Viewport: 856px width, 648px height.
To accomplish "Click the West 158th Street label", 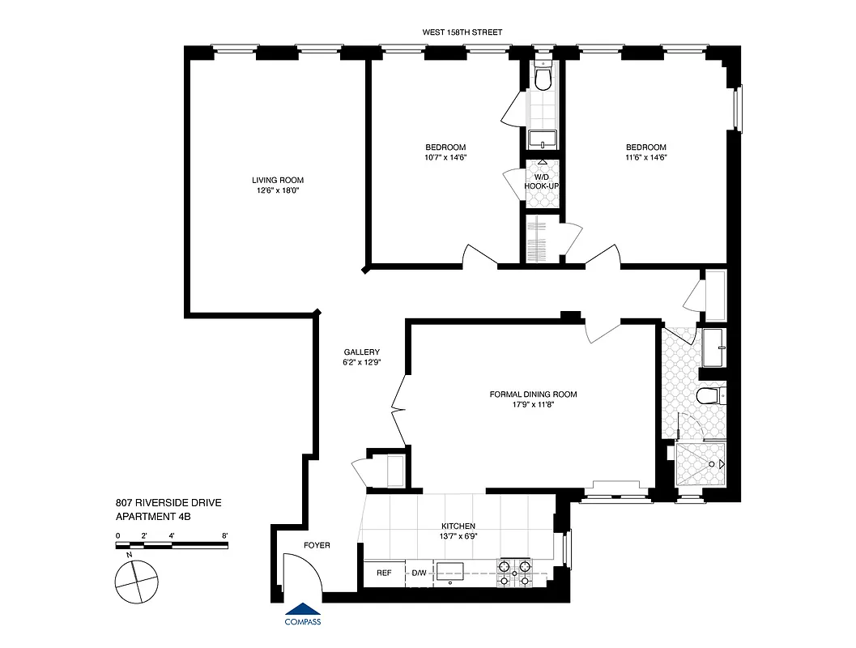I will click(x=462, y=32).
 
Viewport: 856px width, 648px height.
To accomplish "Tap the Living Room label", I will click(x=278, y=180).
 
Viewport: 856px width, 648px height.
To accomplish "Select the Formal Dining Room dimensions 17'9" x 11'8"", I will click(x=533, y=405).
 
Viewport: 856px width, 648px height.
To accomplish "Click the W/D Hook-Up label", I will click(x=541, y=181).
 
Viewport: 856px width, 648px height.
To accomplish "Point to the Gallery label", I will click(x=361, y=352).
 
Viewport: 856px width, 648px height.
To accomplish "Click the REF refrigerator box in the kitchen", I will click(x=384, y=573).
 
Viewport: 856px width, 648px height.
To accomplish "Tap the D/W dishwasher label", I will click(x=419, y=573).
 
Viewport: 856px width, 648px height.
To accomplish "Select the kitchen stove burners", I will click(x=514, y=573).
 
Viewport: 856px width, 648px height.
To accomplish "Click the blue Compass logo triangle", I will click(x=303, y=609).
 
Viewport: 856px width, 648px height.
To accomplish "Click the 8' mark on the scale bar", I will click(x=224, y=535).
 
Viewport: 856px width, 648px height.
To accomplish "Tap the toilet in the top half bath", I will click(x=543, y=78).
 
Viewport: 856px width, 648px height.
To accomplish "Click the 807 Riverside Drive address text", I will click(x=168, y=503).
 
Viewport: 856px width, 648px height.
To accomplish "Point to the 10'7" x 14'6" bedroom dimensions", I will click(x=444, y=157).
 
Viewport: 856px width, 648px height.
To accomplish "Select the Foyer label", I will click(x=317, y=545).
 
